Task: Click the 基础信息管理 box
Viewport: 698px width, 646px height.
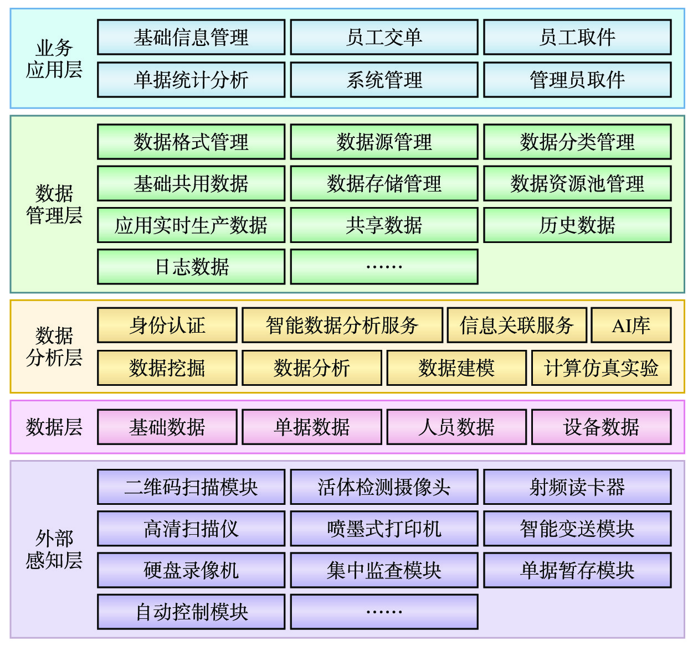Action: tap(191, 37)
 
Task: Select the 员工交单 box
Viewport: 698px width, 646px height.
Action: tap(384, 37)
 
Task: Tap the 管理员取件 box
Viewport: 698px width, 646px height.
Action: tap(577, 80)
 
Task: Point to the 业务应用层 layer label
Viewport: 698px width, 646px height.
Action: tap(54, 58)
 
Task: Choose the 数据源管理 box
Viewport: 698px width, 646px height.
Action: tap(384, 142)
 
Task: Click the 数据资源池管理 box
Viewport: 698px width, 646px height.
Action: tap(577, 183)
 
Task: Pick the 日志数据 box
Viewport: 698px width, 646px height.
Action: tap(191, 267)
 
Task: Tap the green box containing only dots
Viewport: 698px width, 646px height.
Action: tap(384, 267)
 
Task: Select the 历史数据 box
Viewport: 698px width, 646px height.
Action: tap(577, 225)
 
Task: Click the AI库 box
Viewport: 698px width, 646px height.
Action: tap(631, 325)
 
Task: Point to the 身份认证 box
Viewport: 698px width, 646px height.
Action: tap(167, 325)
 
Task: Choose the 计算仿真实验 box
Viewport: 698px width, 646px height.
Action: tap(602, 368)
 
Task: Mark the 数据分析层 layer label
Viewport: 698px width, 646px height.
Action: tap(54, 347)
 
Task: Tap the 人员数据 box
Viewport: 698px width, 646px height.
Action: tap(456, 427)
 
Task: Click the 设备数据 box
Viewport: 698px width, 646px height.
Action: tap(602, 427)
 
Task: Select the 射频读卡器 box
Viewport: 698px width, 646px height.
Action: tap(577, 487)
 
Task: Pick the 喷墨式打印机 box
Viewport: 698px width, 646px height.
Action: tap(384, 528)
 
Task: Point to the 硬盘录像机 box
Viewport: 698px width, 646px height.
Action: tap(191, 570)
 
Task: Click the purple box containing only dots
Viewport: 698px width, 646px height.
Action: tap(384, 612)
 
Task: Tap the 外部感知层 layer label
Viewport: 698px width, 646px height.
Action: tap(54, 549)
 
